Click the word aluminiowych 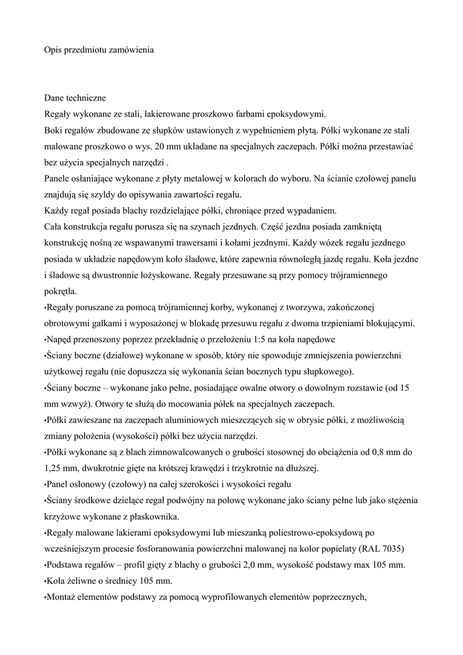click(x=171, y=420)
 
